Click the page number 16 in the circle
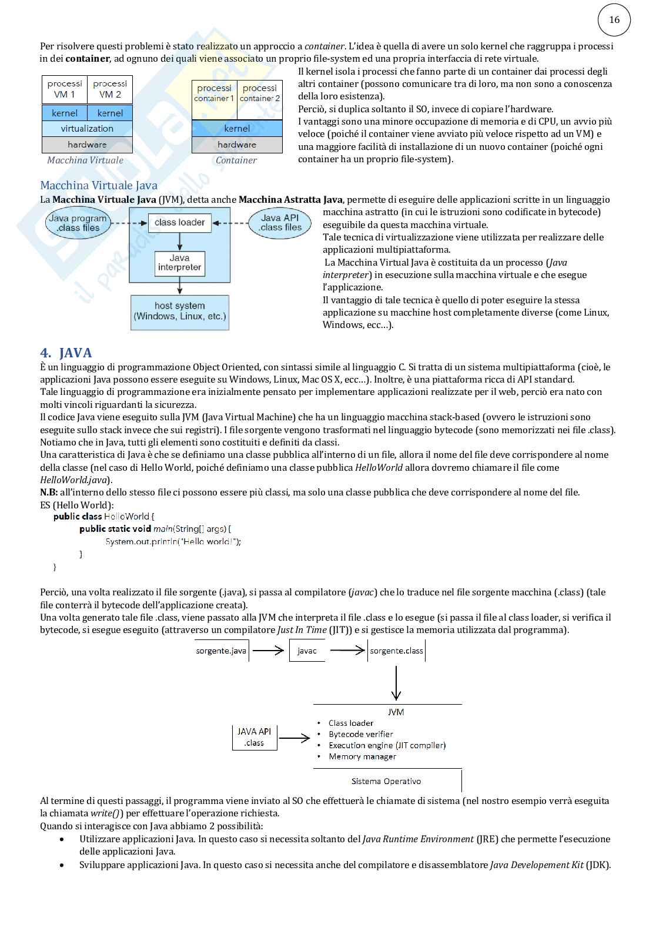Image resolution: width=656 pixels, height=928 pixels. [614, 20]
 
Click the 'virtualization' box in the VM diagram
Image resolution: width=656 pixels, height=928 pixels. [87, 129]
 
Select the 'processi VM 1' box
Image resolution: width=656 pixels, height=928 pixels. [65, 89]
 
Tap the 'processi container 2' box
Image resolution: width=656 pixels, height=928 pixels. [260, 93]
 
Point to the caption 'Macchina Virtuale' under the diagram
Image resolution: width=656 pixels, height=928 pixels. [85, 160]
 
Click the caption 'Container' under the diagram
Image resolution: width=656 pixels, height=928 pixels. [236, 160]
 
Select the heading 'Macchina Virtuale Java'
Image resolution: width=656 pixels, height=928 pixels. [99, 186]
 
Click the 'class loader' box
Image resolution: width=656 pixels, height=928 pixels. [179, 223]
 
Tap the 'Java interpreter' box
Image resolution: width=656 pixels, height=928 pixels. [179, 263]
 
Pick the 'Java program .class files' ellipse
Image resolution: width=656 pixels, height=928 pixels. [78, 223]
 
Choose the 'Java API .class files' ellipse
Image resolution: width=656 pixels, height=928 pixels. [280, 223]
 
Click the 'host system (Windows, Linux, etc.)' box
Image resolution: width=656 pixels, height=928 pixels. [179, 311]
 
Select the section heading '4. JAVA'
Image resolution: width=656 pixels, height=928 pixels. [66, 353]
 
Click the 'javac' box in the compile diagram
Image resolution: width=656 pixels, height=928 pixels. [307, 651]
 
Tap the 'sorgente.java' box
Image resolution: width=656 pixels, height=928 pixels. [221, 651]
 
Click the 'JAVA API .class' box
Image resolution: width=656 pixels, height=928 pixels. [255, 737]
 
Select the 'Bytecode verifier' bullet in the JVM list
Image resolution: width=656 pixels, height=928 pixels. [361, 734]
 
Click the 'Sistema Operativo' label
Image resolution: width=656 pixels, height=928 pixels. [386, 781]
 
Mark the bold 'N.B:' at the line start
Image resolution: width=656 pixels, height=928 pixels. [49, 493]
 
